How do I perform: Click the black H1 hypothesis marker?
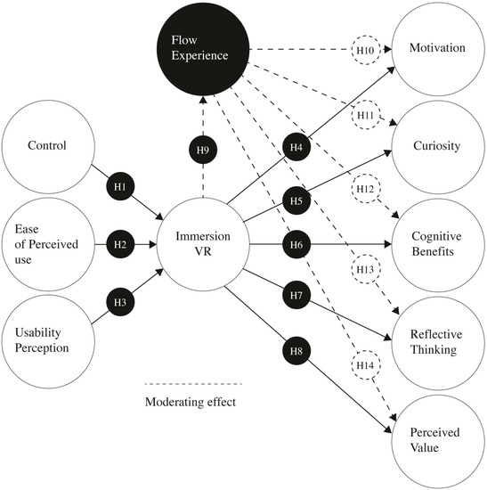[122, 188]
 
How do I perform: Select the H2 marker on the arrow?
[122, 242]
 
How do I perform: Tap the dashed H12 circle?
[365, 191]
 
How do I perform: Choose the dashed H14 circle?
[365, 364]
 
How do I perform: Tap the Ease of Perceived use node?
[49, 242]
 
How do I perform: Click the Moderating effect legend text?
[190, 402]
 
